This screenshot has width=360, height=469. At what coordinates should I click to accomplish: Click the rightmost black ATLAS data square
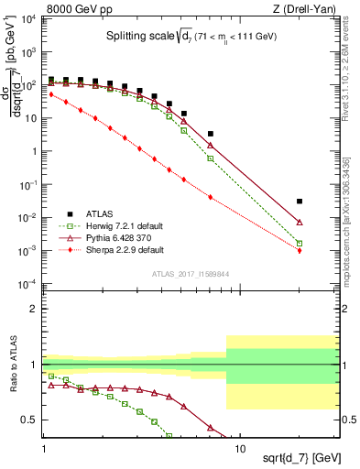pos(300,201)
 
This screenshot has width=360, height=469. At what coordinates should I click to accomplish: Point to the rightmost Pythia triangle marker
pos(300,222)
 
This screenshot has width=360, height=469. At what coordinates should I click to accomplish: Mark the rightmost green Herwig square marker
pos(300,243)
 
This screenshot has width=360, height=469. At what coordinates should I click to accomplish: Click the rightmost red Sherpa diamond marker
pos(300,250)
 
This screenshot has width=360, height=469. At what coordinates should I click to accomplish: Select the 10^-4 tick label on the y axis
pos(28,283)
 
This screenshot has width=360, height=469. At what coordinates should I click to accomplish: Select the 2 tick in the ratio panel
pos(35,309)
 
